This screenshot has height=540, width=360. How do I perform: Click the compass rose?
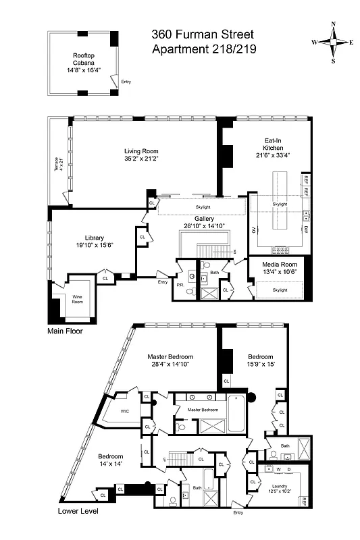pos(332,42)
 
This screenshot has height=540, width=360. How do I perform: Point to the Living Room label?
pos(140,151)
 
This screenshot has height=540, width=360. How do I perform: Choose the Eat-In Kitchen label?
pos(273,144)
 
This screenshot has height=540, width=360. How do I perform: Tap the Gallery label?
pos(204,219)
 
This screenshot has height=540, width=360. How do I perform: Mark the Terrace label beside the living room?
pos(57,165)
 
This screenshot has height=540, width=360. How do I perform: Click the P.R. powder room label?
pos(180,285)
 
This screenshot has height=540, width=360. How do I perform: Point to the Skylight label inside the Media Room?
pos(279,290)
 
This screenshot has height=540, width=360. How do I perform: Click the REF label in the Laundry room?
pos(305,502)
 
